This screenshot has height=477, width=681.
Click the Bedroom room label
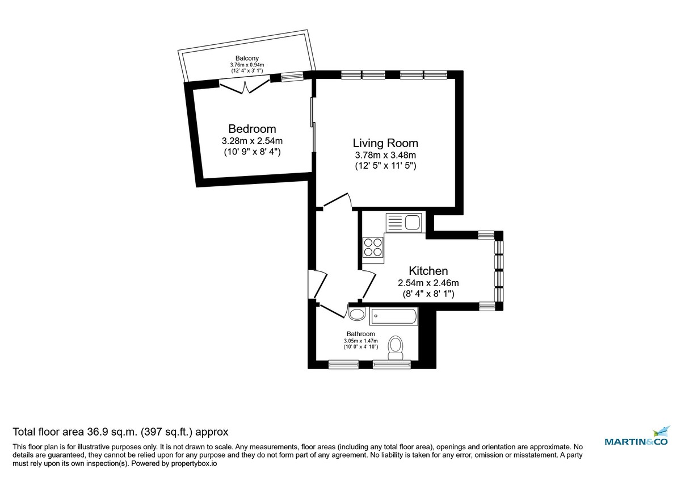[252, 128]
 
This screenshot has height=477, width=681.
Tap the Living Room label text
[385, 143]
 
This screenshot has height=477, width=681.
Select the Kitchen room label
[428, 271]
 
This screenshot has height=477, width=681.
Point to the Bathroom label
[361, 334]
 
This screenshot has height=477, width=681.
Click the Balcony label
[247, 58]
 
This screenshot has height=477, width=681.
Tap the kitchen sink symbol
[403, 221]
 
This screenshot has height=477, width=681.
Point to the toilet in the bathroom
[395, 346]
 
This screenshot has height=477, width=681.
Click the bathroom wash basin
[357, 314]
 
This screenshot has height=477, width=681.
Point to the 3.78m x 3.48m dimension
[385, 155]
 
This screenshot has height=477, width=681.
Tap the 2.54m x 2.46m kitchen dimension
[428, 283]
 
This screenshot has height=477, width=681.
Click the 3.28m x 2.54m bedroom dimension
[252, 141]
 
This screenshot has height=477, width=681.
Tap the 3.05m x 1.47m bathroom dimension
[361, 340]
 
